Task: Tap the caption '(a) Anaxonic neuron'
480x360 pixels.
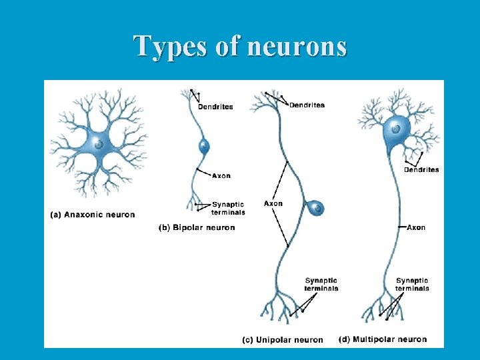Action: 93,215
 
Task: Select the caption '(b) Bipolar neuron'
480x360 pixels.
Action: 197,227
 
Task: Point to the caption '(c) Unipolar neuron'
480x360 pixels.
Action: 282,340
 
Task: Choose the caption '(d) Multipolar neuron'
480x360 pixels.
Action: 383,339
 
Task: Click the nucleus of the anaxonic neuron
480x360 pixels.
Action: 99,143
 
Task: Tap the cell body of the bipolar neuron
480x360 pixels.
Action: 203,147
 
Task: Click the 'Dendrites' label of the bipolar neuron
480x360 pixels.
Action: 215,107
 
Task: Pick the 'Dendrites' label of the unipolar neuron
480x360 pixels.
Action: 307,105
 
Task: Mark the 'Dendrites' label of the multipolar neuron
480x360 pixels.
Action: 421,170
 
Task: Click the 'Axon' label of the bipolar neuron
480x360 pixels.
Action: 221,176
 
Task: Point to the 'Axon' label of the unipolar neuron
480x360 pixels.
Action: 273,203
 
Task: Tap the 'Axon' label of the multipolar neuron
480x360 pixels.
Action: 416,227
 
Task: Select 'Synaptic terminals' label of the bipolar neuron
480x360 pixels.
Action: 228,208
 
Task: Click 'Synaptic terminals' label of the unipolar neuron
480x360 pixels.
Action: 321,285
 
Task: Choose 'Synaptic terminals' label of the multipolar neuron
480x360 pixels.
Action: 412,285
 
